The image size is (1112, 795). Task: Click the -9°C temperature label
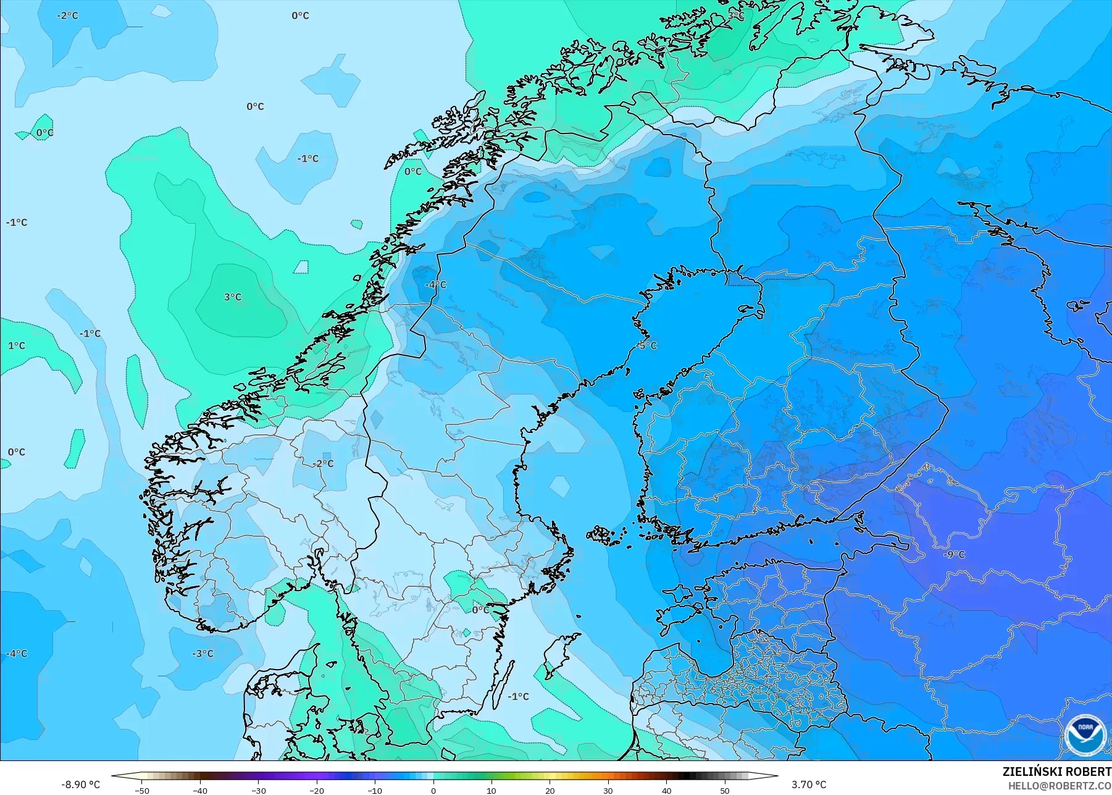pyautogui.click(x=954, y=554)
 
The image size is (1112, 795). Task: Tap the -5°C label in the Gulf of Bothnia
pyautogui.click(x=647, y=345)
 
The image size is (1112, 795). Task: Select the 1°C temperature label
pyautogui.click(x=17, y=345)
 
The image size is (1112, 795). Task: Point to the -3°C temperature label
pyautogui.click(x=203, y=654)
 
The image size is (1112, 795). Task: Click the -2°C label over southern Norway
pyautogui.click(x=322, y=463)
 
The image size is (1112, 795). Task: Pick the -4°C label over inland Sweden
pyautogui.click(x=435, y=285)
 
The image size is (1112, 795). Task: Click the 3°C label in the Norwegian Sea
pyautogui.click(x=233, y=297)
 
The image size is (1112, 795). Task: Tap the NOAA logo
pyautogui.click(x=1084, y=734)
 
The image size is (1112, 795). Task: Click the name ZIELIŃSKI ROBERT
pyautogui.click(x=1056, y=772)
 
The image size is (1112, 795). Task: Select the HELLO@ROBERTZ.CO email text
pyautogui.click(x=1060, y=786)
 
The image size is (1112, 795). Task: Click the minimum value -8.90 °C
pyautogui.click(x=80, y=784)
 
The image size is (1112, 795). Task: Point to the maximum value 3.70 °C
pyautogui.click(x=809, y=784)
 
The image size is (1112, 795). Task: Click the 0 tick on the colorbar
pyautogui.click(x=433, y=790)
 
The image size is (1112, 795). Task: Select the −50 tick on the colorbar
pyautogui.click(x=142, y=790)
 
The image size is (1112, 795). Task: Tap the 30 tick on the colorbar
pyautogui.click(x=608, y=790)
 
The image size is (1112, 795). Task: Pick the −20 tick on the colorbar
pyautogui.click(x=317, y=790)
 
